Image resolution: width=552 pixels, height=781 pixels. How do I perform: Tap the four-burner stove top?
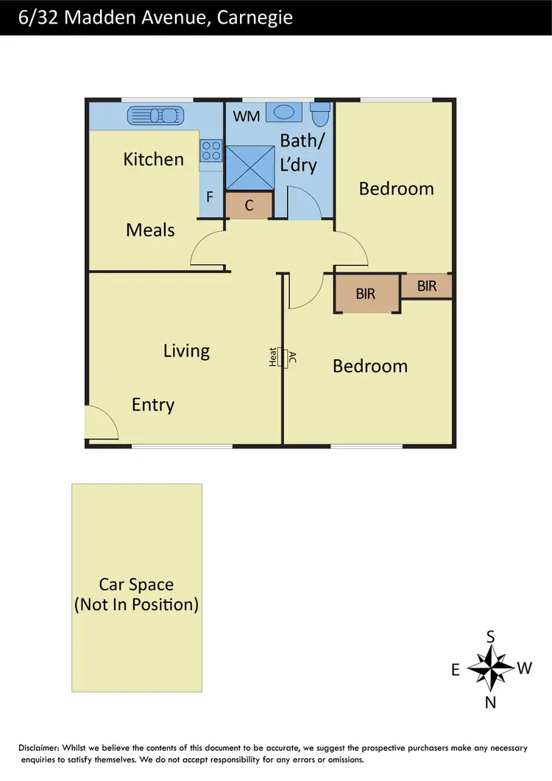point(211,151)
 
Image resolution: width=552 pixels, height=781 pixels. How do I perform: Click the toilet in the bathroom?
point(321,114)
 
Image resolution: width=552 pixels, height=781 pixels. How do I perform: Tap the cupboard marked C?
point(249,205)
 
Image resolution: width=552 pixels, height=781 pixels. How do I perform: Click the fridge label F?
point(210,197)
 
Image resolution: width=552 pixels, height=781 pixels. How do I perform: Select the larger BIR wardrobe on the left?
point(367,294)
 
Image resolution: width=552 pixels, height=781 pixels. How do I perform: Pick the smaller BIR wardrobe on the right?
point(427,286)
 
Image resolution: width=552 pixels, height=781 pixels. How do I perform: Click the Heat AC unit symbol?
point(281,358)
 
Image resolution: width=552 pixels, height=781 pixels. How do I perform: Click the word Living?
point(186,351)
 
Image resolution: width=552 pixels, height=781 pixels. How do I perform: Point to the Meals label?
point(150,230)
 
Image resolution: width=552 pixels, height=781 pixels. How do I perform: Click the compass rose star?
point(490,668)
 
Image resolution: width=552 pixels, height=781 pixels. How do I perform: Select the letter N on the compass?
point(490,702)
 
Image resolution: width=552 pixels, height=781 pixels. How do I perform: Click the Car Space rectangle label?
point(136,595)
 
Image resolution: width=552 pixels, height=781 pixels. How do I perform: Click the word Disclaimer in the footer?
point(43,748)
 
